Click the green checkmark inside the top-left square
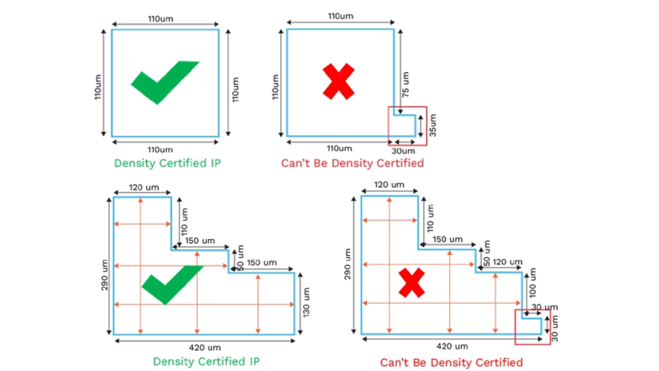(163, 80)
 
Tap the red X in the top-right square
(338, 82)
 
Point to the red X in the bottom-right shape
(412, 284)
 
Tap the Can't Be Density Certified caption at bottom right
(451, 363)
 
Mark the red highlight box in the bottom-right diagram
(532, 327)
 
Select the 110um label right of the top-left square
(234, 84)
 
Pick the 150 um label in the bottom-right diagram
(447, 239)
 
